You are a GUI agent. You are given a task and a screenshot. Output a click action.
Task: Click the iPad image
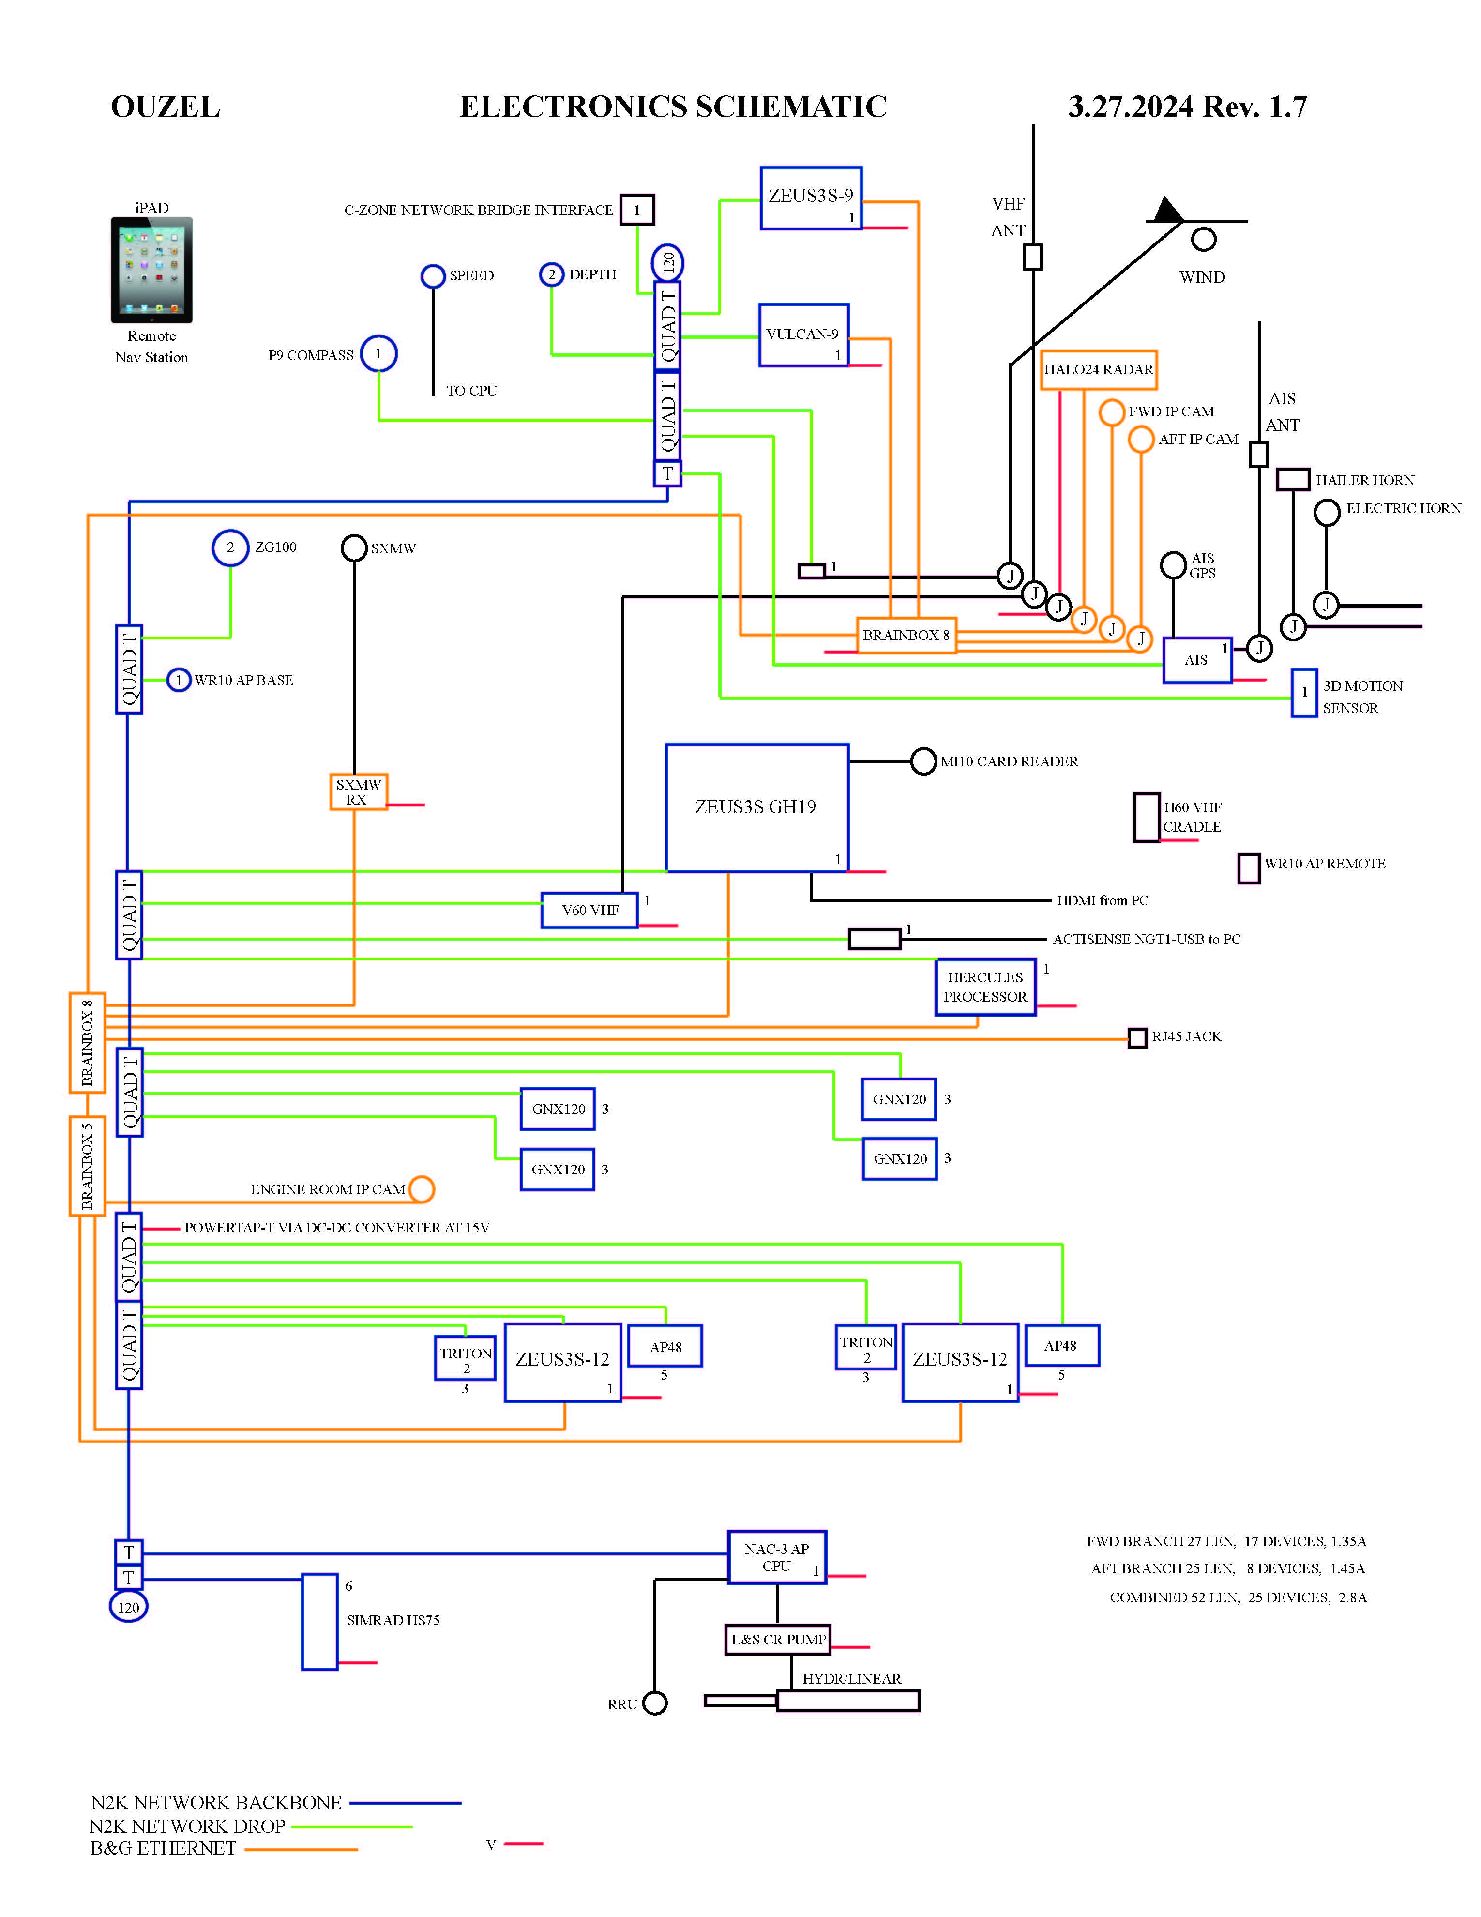click(x=152, y=270)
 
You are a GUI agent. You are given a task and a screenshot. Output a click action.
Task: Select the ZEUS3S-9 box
click(x=811, y=198)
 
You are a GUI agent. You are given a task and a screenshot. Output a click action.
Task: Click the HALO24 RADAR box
click(x=1099, y=369)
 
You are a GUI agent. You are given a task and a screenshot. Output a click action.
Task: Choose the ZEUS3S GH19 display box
click(x=756, y=807)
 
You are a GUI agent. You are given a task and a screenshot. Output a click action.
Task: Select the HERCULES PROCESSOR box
click(x=985, y=987)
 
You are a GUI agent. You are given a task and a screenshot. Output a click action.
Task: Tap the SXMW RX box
click(x=358, y=791)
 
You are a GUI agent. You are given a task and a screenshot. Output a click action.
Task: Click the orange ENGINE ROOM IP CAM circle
click(x=421, y=1189)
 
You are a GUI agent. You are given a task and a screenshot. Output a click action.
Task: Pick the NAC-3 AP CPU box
click(x=776, y=1558)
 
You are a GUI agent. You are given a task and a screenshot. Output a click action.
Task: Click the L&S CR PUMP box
click(x=777, y=1640)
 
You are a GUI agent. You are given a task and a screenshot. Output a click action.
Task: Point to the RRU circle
click(x=654, y=1704)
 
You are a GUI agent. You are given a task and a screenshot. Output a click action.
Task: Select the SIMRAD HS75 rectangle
click(x=319, y=1621)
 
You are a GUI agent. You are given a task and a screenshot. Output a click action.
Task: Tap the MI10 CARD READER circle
click(x=923, y=761)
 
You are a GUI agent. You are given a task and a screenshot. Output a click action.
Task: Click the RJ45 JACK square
click(x=1137, y=1037)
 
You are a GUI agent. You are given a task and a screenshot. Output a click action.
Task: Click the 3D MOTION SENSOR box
click(x=1304, y=693)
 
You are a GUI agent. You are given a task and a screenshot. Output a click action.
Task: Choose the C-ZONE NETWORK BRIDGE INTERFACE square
click(x=637, y=210)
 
